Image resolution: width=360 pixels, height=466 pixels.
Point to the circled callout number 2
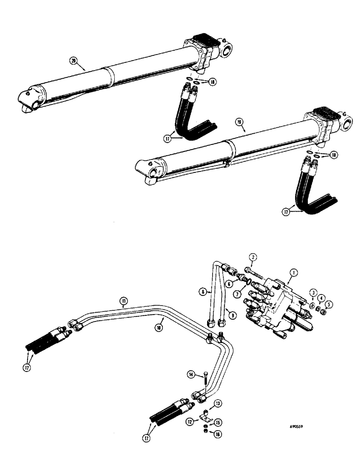253,257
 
